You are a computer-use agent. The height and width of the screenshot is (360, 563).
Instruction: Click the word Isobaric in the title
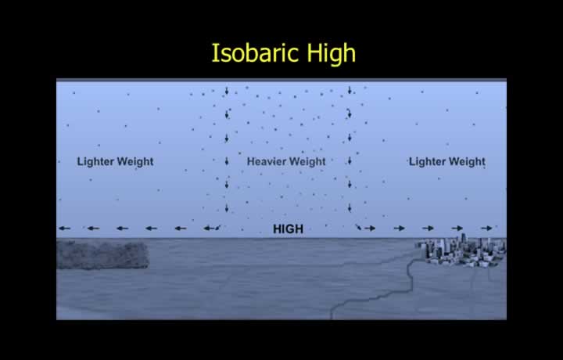256,52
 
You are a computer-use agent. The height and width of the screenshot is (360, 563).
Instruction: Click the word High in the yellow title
332,53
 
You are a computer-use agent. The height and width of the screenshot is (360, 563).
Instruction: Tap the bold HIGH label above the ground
288,229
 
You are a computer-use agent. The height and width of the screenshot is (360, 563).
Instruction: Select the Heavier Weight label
286,162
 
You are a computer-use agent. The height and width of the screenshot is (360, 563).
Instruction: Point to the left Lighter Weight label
115,162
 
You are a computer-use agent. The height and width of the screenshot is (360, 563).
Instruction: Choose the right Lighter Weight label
447,162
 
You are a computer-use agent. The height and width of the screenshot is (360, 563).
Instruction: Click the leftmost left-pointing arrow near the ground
65,229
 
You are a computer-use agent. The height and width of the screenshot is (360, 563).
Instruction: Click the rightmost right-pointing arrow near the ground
486,229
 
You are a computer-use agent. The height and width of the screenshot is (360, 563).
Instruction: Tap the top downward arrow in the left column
227,91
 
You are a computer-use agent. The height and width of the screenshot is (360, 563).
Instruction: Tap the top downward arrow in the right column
350,90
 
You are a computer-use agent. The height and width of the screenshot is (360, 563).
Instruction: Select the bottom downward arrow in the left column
227,207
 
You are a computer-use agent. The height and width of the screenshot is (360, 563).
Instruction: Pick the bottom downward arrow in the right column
350,207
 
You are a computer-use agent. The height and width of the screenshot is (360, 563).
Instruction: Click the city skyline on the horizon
461,250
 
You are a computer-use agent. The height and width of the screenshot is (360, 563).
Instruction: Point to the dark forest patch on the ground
102,254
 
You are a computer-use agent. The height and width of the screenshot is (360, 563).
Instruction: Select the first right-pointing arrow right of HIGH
370,229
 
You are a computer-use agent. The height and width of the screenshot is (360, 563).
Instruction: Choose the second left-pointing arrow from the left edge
93,229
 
